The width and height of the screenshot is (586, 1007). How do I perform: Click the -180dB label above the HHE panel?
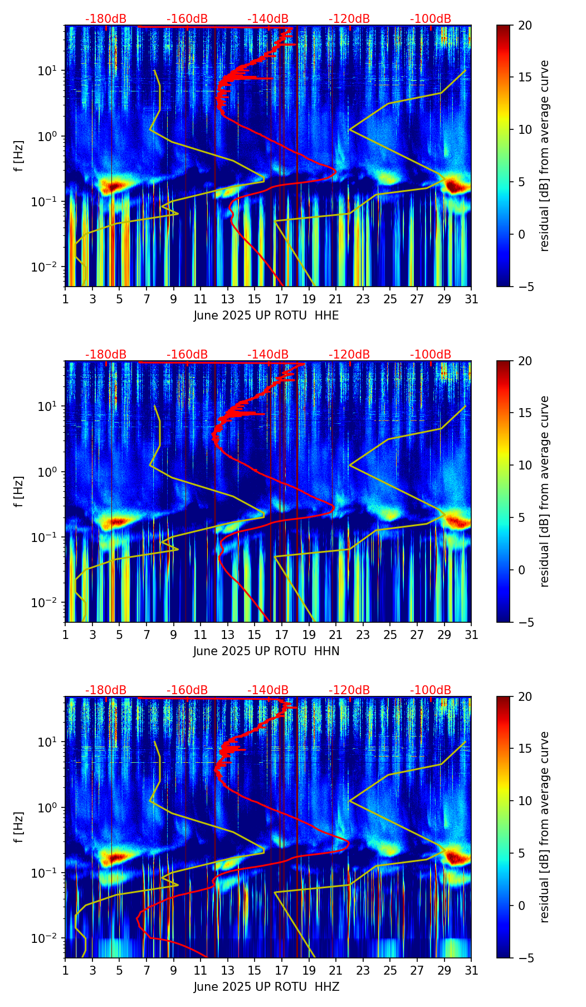(x=106, y=19)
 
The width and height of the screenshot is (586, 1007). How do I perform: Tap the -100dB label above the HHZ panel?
(x=431, y=690)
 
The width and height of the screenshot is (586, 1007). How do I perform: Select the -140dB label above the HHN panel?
(x=268, y=355)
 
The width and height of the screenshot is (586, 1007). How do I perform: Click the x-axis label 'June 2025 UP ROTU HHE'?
(x=266, y=316)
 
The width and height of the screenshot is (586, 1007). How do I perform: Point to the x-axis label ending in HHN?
(x=266, y=651)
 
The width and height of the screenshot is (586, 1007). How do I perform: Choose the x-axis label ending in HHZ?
(x=266, y=987)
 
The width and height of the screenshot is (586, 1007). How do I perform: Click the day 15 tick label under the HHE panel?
(x=255, y=299)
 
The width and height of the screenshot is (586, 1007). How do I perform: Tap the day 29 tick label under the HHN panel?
(x=445, y=635)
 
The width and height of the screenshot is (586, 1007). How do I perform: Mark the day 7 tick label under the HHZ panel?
(x=146, y=971)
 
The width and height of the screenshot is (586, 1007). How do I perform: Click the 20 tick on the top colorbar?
(x=525, y=25)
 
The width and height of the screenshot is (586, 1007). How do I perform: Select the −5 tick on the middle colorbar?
(x=525, y=622)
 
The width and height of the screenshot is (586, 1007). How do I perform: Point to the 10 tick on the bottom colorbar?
(x=525, y=801)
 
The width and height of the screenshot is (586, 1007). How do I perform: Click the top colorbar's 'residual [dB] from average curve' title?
(x=545, y=156)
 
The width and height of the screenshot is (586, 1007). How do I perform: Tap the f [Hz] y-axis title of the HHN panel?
(x=19, y=491)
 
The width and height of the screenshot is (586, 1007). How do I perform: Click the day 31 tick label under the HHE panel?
(x=471, y=299)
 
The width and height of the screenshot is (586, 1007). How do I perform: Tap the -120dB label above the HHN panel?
(x=349, y=355)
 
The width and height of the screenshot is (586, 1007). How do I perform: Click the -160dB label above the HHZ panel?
(x=187, y=690)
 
